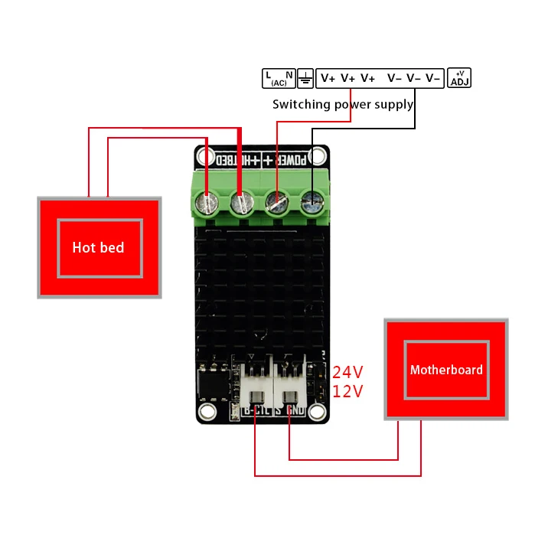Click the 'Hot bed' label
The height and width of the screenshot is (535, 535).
tap(98, 247)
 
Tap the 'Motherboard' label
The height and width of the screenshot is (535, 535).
tap(446, 370)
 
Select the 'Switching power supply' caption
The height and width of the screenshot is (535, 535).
tap(343, 104)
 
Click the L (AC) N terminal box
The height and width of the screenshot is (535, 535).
tap(278, 77)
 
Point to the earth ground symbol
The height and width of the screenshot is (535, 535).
tap(305, 77)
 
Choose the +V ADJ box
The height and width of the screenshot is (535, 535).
tap(459, 77)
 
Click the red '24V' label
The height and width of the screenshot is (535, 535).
tap(347, 372)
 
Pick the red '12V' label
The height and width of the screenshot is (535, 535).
tap(347, 391)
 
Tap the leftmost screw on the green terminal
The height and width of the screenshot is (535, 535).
tap(205, 204)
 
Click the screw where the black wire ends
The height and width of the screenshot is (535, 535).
tap(312, 203)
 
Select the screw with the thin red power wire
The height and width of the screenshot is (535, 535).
tap(276, 204)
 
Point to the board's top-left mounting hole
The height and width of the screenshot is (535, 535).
tap(204, 158)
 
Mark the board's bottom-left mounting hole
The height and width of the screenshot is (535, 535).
tap(207, 413)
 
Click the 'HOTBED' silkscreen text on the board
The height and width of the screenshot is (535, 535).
tap(233, 161)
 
